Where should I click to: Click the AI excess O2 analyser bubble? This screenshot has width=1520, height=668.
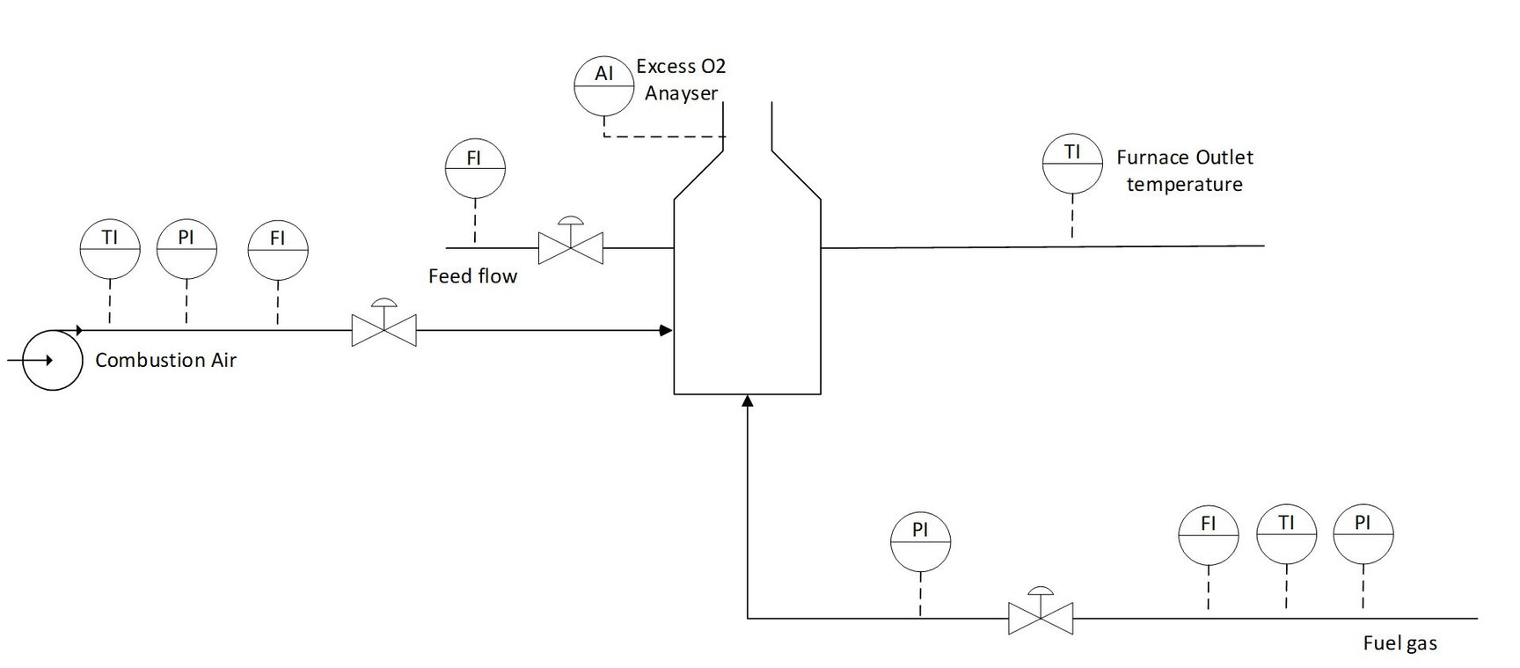(x=603, y=86)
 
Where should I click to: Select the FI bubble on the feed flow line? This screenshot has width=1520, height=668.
(x=474, y=168)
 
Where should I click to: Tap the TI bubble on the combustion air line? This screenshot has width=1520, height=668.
(x=110, y=249)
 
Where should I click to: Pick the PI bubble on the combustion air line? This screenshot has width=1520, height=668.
(x=186, y=249)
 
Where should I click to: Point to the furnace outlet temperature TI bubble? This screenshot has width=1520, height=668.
(x=1072, y=163)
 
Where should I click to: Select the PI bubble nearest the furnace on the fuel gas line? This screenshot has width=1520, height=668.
(x=920, y=541)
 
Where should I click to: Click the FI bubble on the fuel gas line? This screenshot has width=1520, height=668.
(x=1209, y=534)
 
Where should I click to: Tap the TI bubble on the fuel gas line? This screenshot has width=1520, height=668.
(x=1286, y=534)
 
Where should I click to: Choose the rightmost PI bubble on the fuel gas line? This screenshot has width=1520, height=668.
(x=1363, y=534)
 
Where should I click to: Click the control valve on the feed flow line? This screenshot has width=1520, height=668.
(x=570, y=246)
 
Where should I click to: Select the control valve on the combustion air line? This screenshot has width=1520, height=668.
(x=384, y=329)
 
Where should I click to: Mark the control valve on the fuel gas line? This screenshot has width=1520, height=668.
(x=1041, y=616)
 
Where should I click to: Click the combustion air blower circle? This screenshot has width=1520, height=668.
(x=52, y=360)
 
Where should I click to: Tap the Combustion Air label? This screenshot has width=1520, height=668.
(x=165, y=360)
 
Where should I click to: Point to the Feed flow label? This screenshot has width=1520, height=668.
(x=472, y=276)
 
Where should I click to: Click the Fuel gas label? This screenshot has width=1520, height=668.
(x=1399, y=643)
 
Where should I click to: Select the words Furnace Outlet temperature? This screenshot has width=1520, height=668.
(x=1184, y=171)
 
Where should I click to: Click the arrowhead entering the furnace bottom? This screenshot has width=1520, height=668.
(x=748, y=401)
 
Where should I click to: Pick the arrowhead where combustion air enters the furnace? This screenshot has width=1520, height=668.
(x=667, y=331)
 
